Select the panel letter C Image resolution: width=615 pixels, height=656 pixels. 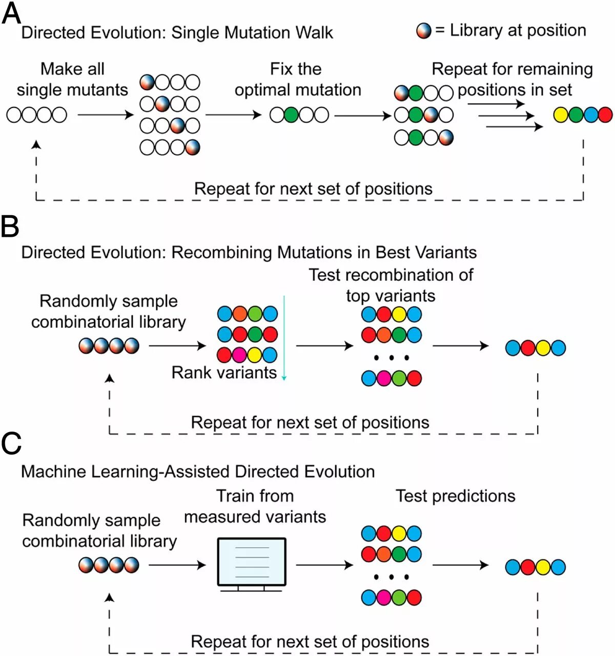click(11, 444)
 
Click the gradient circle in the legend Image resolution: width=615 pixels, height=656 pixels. click(424, 31)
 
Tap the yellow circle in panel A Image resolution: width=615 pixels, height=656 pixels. click(561, 115)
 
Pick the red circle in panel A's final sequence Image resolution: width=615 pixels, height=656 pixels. click(605, 115)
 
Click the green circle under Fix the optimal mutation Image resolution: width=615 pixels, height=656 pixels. click(292, 115)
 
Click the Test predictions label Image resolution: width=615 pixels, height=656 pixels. click(456, 496)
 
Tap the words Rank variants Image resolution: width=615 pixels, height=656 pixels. click(224, 373)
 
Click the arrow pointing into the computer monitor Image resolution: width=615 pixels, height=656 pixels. click(177, 565)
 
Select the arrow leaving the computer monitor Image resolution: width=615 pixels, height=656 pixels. click(324, 565)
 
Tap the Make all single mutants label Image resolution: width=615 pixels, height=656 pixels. click(72, 79)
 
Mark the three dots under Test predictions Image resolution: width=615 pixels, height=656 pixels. click(391, 577)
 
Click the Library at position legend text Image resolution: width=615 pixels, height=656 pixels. click(518, 30)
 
